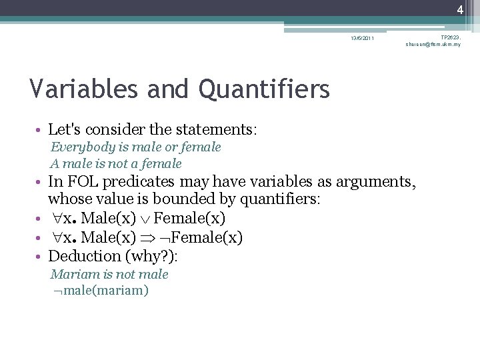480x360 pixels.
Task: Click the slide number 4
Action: tap(460, 9)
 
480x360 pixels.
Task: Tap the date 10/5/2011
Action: tap(363, 38)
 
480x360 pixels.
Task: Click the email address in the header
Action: tap(433, 45)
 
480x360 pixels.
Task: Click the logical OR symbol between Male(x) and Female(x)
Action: tap(144, 219)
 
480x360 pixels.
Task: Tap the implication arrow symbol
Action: tap(147, 237)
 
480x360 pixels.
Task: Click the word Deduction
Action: tap(84, 256)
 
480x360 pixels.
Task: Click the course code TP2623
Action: tap(450, 37)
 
